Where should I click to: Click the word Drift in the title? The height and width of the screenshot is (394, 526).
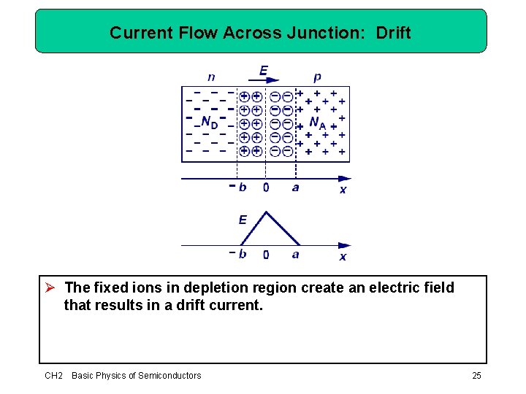393,33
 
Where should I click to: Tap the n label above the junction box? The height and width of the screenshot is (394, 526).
211,77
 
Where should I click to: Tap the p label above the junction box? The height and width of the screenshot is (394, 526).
317,77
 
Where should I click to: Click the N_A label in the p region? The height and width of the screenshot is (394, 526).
318,123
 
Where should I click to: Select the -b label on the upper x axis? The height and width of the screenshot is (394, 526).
237,187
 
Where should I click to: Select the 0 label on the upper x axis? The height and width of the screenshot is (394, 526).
266,188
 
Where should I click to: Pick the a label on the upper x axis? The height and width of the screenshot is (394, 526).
295,188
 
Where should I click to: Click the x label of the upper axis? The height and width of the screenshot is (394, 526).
343,190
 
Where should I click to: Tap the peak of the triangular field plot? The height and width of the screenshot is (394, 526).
266,212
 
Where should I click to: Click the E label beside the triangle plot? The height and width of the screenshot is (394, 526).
243,219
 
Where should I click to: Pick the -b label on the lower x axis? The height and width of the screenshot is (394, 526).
238,254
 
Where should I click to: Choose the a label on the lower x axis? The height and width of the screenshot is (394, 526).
295,254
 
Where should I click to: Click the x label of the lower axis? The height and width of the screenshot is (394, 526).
343,257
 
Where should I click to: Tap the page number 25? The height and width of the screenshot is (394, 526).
476,375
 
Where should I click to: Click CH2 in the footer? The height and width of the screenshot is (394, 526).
53,375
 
